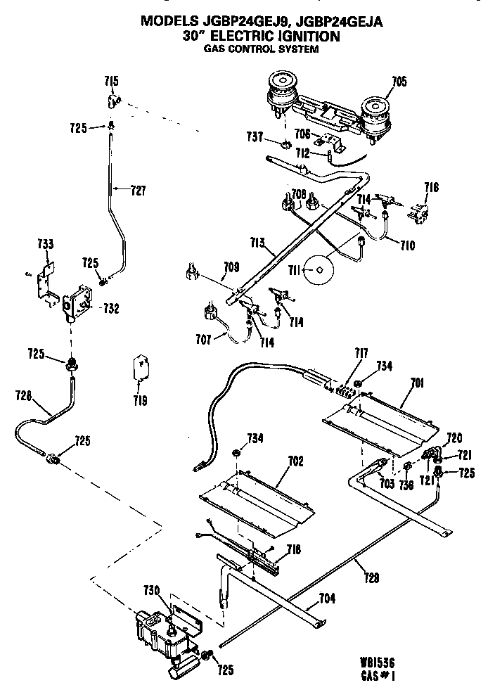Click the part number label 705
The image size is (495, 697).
pyautogui.click(x=399, y=82)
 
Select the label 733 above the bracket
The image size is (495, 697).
pyautogui.click(x=44, y=244)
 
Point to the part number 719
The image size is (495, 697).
pyautogui.click(x=140, y=401)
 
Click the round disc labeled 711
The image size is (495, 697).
pyautogui.click(x=319, y=269)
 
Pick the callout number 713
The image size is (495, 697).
pyautogui.click(x=256, y=243)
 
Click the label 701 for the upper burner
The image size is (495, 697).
pyautogui.click(x=418, y=383)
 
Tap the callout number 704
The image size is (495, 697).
pyautogui.click(x=326, y=599)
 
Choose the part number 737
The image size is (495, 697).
pyautogui.click(x=255, y=136)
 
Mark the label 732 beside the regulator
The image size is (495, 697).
pyautogui.click(x=110, y=307)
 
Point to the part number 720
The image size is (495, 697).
pyautogui.click(x=455, y=437)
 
